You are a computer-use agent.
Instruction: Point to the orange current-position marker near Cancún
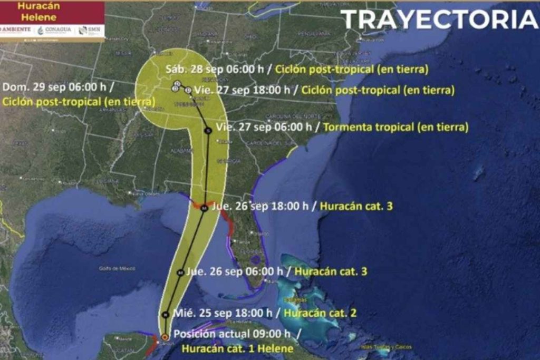click(x=165, y=336)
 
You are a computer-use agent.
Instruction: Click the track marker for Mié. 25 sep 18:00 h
click(x=166, y=315)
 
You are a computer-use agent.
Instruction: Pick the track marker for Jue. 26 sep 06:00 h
click(x=180, y=273)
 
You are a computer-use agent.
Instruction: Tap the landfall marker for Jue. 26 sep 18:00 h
click(x=204, y=209)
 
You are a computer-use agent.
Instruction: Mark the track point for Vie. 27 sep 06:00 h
click(x=208, y=130)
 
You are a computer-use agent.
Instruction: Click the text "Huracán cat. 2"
click(x=320, y=313)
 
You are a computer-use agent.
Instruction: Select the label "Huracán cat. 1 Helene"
click(x=237, y=348)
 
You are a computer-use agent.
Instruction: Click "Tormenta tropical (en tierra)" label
click(x=395, y=127)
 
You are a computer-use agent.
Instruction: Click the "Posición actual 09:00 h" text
click(x=232, y=334)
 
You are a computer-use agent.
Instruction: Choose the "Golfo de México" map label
click(x=117, y=268)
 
